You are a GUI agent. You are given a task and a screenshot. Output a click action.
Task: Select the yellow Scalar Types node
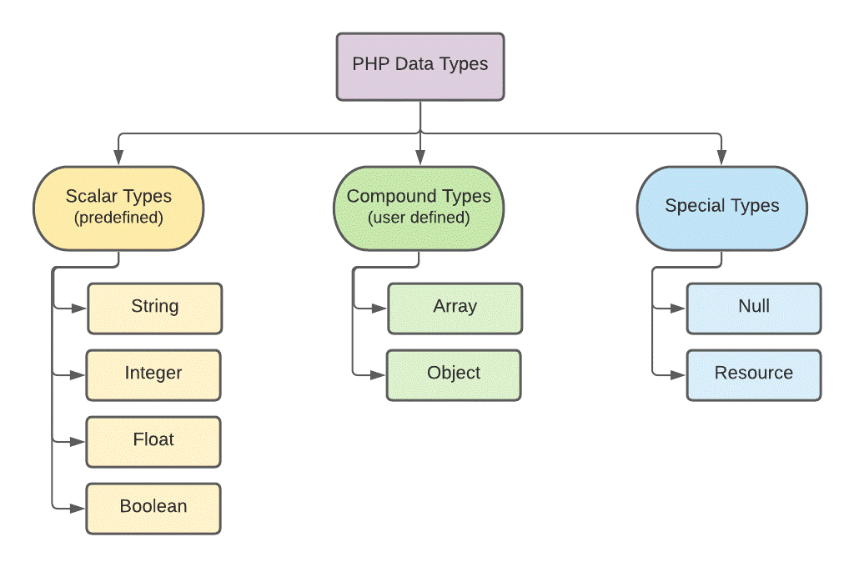click(118, 208)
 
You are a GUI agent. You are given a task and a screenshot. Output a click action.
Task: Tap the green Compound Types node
click(419, 208)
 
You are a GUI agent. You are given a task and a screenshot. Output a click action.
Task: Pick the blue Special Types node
click(721, 208)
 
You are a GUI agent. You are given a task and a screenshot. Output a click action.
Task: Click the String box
click(154, 308)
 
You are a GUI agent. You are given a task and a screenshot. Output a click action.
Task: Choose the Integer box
click(153, 374)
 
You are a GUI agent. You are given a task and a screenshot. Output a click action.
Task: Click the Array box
click(455, 308)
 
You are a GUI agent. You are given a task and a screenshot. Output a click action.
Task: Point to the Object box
click(454, 374)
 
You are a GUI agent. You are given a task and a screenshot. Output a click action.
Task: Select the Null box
click(754, 308)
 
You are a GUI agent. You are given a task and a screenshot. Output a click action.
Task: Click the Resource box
click(754, 374)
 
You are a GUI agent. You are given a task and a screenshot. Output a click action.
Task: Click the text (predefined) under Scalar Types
click(118, 218)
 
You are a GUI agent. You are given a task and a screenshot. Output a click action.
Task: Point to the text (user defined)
click(419, 218)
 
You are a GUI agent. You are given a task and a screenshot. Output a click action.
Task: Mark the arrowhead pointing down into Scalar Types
click(118, 158)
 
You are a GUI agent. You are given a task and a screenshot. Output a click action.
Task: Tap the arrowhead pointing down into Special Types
click(721, 158)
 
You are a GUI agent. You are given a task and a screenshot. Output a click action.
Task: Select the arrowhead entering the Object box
click(379, 374)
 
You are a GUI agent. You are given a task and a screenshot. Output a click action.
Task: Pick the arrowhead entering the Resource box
click(680, 374)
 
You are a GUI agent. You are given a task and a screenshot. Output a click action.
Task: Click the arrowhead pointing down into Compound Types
click(419, 158)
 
